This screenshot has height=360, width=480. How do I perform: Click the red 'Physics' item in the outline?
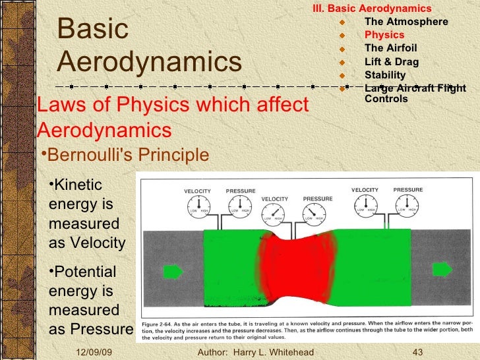(382, 35)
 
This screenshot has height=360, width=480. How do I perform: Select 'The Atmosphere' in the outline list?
(405, 22)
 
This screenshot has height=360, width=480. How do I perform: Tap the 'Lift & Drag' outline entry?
(391, 61)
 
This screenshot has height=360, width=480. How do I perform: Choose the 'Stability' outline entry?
(385, 75)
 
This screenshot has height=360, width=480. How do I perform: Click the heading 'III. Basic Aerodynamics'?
(371, 9)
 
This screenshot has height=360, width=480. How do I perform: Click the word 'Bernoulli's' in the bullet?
(84, 155)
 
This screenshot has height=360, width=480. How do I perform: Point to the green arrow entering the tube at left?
(173, 270)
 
